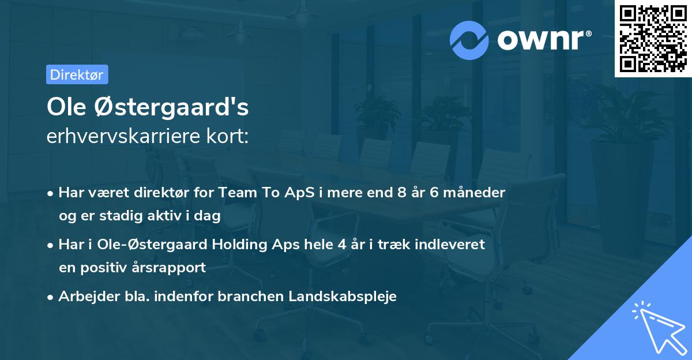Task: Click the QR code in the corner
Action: tap(653, 38)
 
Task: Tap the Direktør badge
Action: tap(77, 74)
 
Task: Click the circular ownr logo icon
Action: tap(469, 40)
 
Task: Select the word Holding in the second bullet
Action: tap(234, 245)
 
